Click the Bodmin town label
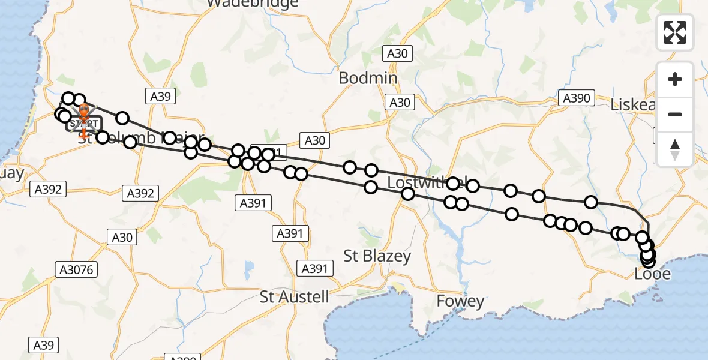pyautogui.click(x=368, y=78)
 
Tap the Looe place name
pyautogui.click(x=652, y=275)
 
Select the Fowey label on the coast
pyautogui.click(x=460, y=301)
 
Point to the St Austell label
pyautogui.click(x=295, y=296)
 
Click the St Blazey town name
pyautogui.click(x=377, y=256)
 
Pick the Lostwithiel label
pyautogui.click(x=420, y=182)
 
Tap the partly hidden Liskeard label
pyautogui.click(x=631, y=104)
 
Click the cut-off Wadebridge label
pyautogui.click(x=253, y=4)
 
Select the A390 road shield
pyautogui.click(x=577, y=98)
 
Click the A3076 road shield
pyautogui.click(x=77, y=270)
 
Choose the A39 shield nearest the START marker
pyautogui.click(x=160, y=95)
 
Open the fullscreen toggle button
pyautogui.click(x=675, y=32)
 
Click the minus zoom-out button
pyautogui.click(x=675, y=114)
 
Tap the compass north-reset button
pyautogui.click(x=675, y=149)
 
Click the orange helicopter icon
pyautogui.click(x=83, y=112)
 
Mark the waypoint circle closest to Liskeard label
pyautogui.click(x=592, y=202)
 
